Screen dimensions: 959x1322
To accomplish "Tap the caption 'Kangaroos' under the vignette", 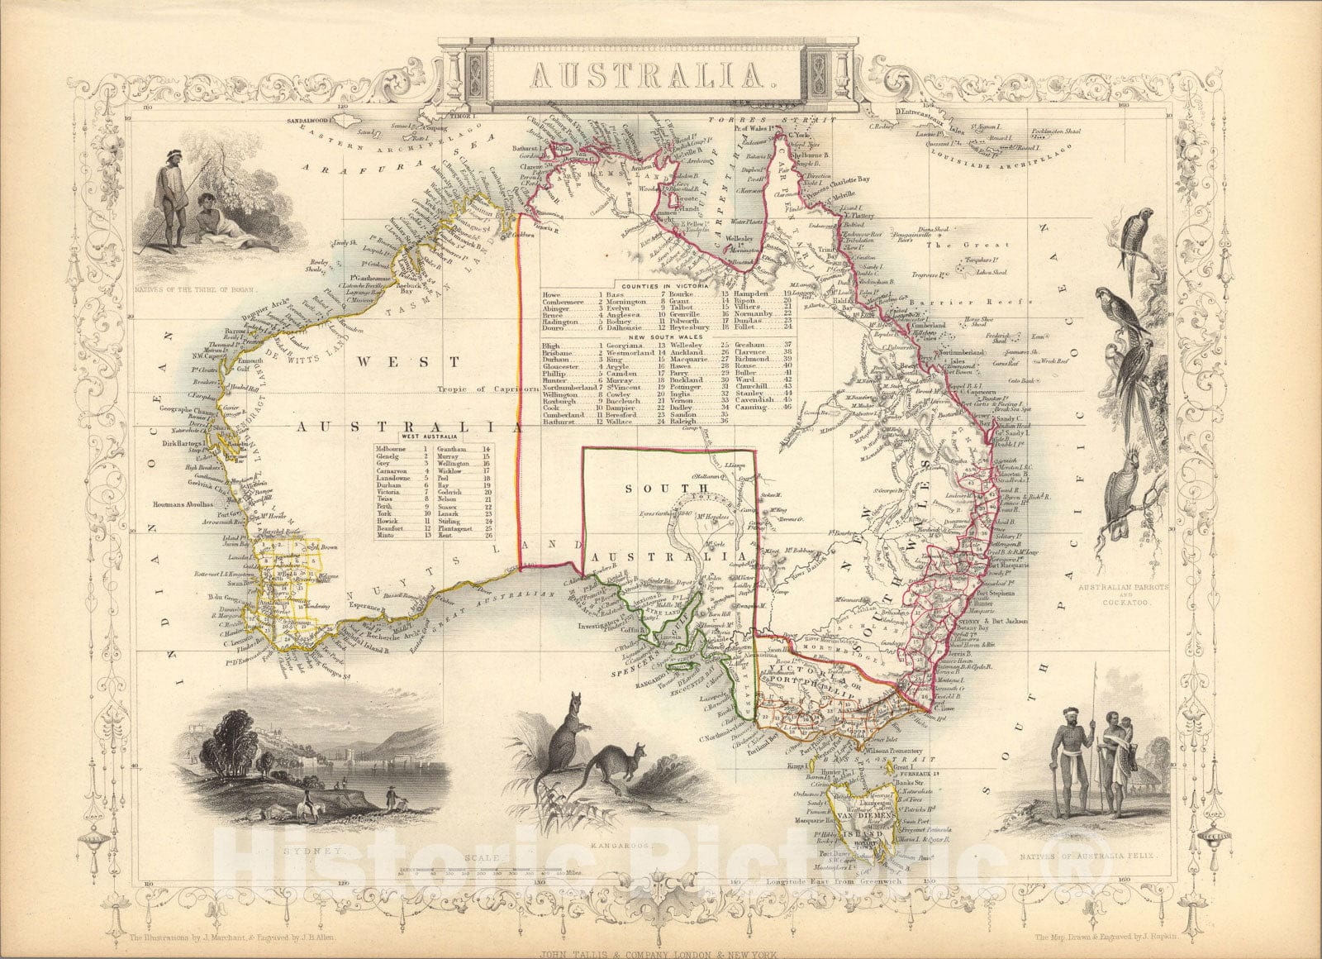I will point(615,847).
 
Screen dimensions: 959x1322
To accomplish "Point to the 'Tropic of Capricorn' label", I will point(480,391).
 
